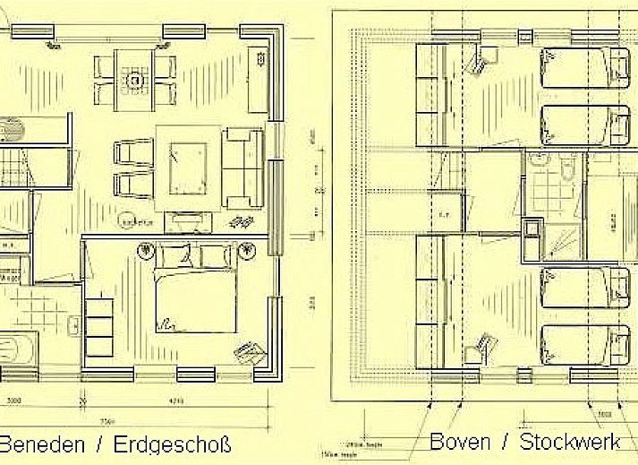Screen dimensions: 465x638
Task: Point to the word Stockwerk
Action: click(x=570, y=441)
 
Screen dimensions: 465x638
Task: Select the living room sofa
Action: click(x=242, y=168)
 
